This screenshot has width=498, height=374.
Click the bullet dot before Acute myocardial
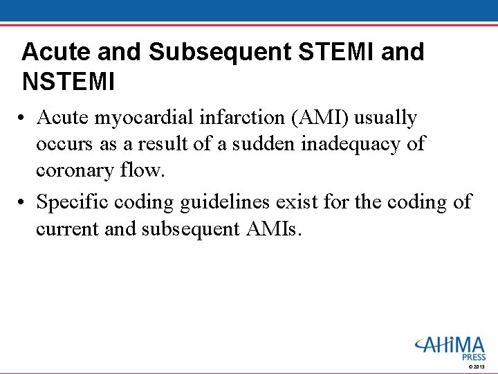[24, 119]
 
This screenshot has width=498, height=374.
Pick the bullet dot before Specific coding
[24, 202]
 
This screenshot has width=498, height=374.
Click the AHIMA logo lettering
[450, 344]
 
